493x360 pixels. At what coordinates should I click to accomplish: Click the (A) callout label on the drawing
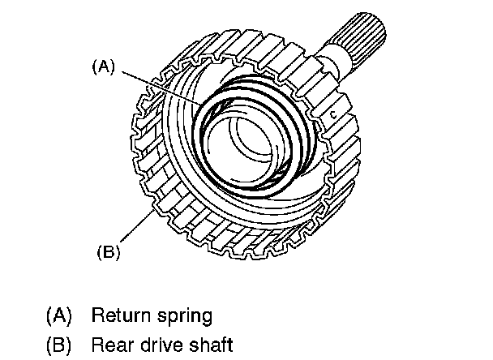click(x=104, y=66)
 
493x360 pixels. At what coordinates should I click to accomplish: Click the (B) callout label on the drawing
click(x=109, y=252)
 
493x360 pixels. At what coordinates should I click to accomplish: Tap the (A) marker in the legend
click(x=59, y=315)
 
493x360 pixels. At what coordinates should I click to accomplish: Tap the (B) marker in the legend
click(x=59, y=345)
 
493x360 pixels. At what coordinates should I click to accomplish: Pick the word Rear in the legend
click(x=112, y=345)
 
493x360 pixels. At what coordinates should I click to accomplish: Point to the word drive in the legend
click(x=161, y=344)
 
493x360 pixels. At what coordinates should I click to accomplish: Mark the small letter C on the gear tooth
click(x=333, y=115)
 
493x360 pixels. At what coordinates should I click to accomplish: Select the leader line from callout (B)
click(x=137, y=226)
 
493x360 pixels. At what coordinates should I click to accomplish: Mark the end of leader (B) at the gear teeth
click(x=154, y=210)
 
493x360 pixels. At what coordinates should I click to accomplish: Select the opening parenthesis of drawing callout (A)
click(x=94, y=67)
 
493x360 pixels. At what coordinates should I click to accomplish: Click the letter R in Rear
click(x=97, y=345)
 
